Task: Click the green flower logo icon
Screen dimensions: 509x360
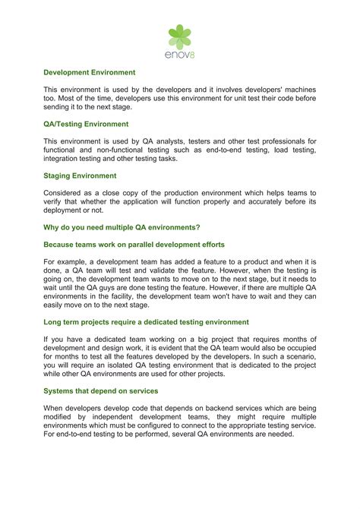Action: click(180, 36)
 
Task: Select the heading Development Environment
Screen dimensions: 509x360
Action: click(89, 72)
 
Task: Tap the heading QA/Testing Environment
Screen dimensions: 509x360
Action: click(86, 124)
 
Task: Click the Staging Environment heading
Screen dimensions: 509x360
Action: click(80, 175)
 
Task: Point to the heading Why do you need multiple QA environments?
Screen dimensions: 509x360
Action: click(122, 227)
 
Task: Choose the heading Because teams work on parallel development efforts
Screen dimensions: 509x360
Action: click(134, 244)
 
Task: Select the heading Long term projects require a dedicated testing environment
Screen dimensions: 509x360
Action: click(146, 322)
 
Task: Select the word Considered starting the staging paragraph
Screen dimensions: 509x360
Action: click(65, 193)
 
